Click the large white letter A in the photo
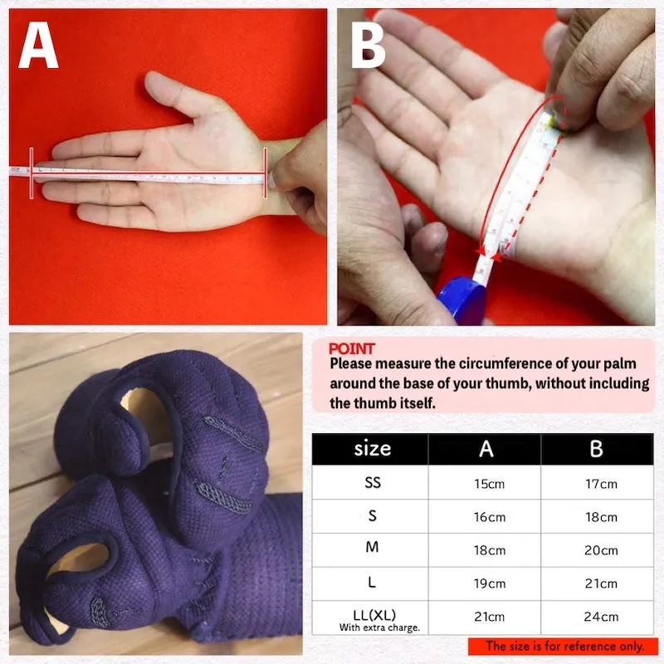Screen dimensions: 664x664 38,46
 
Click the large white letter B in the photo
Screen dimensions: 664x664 368,46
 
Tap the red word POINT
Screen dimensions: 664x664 351,349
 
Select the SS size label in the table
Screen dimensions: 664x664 373,482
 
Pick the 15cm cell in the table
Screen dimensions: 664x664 489,484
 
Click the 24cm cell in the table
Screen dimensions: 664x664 601,617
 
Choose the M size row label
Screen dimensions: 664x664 372,547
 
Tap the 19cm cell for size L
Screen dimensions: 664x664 490,583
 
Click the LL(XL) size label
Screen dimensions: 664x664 374,615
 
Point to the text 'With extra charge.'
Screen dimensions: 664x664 379,627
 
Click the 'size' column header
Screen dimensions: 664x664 372,448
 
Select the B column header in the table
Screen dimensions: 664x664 596,449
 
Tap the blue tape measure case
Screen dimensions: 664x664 461,300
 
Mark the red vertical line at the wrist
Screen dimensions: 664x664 266,173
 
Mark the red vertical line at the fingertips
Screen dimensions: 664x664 32,173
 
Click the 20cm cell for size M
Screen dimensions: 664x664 601,550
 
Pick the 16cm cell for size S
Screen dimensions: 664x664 490,517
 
